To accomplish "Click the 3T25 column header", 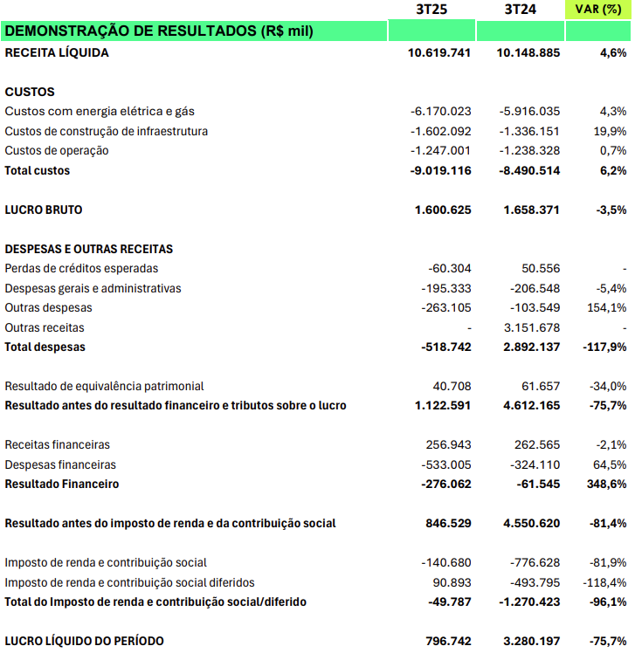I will tap(431, 10).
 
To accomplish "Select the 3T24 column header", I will tap(521, 10).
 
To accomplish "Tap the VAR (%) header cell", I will tap(599, 10).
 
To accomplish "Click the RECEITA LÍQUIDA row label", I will tap(57, 52).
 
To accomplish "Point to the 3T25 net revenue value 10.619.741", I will tap(439, 52).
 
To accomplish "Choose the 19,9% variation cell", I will tap(610, 131).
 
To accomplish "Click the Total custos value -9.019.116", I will tap(441, 170).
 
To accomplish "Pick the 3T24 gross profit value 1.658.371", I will tap(532, 210).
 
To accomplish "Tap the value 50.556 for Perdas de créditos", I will tap(541, 268).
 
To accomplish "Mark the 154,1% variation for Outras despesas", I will tap(608, 307).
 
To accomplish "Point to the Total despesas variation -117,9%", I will tap(604, 347).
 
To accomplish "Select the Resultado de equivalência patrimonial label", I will tap(104, 386).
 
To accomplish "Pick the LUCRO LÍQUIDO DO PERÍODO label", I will tap(84, 641).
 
